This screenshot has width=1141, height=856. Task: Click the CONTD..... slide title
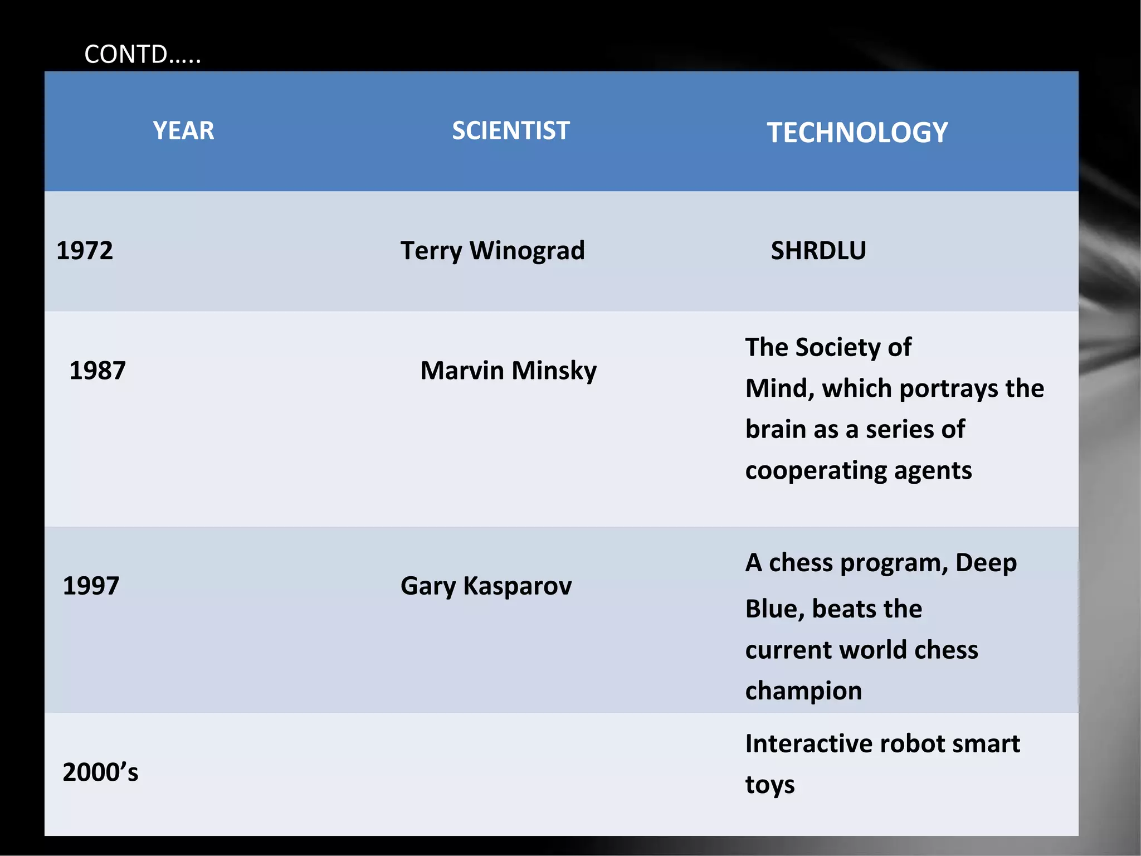click(142, 55)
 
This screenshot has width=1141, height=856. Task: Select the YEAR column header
click(183, 131)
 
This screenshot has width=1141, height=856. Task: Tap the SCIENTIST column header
click(510, 131)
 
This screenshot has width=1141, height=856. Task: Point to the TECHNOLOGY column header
click(857, 133)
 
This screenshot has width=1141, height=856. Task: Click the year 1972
click(85, 251)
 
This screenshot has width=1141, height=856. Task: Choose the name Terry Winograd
click(493, 251)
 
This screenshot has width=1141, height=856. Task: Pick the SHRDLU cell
click(818, 251)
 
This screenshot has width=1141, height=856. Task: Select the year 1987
click(97, 371)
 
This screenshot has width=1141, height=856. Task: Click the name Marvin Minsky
click(508, 371)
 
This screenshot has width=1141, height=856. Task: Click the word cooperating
click(815, 471)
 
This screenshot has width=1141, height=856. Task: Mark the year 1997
click(91, 586)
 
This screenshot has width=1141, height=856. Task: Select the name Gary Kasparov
click(486, 586)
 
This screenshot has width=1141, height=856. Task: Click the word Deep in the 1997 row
click(986, 563)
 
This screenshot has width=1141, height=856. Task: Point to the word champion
click(803, 691)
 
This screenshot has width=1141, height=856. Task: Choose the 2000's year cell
click(100, 772)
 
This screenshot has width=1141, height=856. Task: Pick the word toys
click(770, 785)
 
